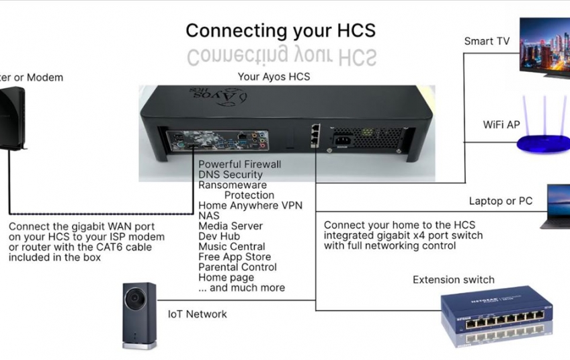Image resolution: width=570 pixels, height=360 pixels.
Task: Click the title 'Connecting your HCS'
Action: coord(280,30)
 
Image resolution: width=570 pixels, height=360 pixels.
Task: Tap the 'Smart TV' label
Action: coord(487,42)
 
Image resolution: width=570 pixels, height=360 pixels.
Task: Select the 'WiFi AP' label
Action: coord(501,125)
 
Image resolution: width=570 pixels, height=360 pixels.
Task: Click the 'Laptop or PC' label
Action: coord(500,201)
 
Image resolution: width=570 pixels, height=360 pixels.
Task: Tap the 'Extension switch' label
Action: coord(453,279)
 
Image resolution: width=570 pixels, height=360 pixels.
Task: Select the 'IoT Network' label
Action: coord(197,314)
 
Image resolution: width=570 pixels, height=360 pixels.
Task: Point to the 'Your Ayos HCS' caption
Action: coord(274,77)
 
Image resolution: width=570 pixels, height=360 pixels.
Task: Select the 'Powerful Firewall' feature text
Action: coord(239,165)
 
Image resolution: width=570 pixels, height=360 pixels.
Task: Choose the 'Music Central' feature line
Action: coord(231,246)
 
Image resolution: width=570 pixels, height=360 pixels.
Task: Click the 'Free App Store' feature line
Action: coord(234,257)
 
